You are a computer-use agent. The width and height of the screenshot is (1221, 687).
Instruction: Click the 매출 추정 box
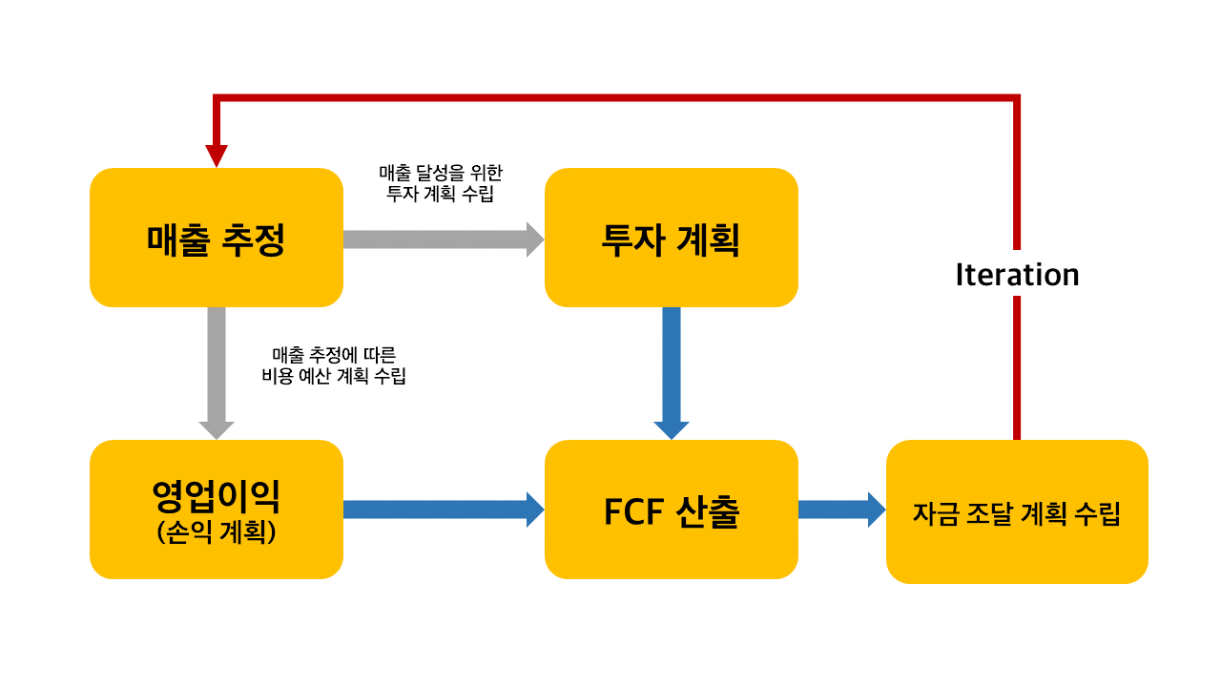(216, 238)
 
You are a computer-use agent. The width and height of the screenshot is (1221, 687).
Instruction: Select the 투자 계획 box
(671, 238)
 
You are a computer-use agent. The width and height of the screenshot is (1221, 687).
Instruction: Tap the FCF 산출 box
(671, 510)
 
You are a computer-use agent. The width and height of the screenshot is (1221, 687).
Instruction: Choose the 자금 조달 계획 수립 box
(1017, 511)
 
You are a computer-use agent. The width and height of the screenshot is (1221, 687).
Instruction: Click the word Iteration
(1017, 275)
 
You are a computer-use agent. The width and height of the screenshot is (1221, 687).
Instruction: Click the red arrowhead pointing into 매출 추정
(217, 155)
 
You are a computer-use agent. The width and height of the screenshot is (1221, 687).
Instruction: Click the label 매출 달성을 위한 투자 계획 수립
(441, 182)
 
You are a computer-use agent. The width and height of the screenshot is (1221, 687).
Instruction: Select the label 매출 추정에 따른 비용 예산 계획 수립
(333, 364)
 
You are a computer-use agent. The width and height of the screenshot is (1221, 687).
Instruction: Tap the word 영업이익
(216, 495)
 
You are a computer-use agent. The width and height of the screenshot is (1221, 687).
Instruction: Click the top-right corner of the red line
(1017, 97)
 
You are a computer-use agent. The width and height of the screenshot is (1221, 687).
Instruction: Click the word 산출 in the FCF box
(708, 511)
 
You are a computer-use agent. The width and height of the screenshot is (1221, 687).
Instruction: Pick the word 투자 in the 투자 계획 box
(633, 239)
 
